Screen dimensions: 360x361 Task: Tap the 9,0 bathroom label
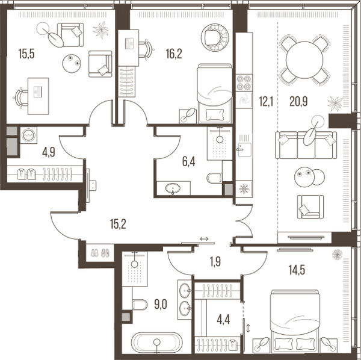[159, 304]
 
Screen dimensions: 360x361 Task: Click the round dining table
[304, 59]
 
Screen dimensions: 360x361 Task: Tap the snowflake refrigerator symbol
[244, 189]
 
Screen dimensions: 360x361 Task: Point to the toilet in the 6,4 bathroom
[214, 178]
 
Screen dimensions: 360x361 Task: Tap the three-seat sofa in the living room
[306, 144]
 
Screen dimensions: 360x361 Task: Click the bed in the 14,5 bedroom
[293, 319]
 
